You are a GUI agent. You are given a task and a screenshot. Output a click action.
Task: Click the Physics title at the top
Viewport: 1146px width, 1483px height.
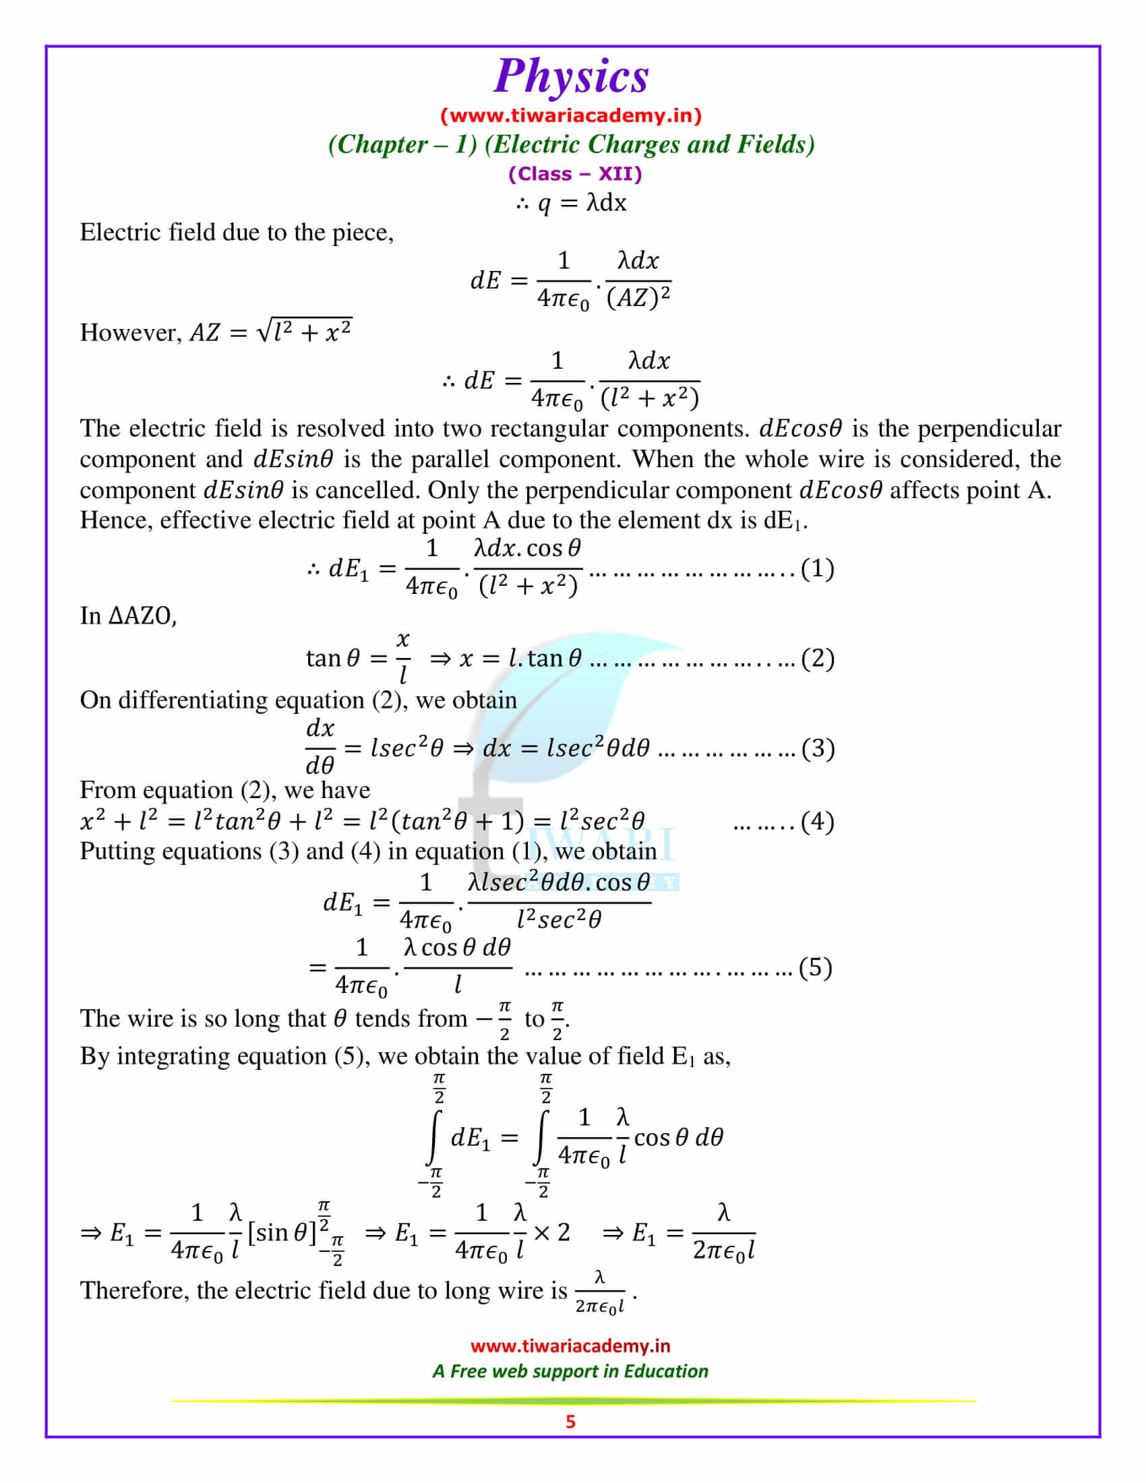coord(571,76)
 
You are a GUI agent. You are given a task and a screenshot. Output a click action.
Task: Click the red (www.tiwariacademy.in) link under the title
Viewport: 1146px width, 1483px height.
coord(571,115)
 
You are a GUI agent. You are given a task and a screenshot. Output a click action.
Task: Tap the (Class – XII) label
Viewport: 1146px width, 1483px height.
coord(575,174)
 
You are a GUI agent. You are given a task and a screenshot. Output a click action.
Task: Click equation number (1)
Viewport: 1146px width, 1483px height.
coord(818,568)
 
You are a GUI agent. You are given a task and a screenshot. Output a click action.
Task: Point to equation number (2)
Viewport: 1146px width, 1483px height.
coord(818,658)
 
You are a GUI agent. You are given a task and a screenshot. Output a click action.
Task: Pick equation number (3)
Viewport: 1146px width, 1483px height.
coord(818,748)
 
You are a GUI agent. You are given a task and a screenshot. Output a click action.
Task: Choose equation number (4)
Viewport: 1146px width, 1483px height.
coord(818,822)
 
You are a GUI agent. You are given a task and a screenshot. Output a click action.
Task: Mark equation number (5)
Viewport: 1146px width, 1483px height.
coord(816,967)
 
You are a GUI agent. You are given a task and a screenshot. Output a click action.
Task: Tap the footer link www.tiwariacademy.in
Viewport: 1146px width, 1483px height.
coord(570,1346)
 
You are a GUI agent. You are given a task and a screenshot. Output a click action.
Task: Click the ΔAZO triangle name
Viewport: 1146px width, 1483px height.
coord(142,616)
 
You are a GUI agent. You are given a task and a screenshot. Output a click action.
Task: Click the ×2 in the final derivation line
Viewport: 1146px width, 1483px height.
coord(552,1232)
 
